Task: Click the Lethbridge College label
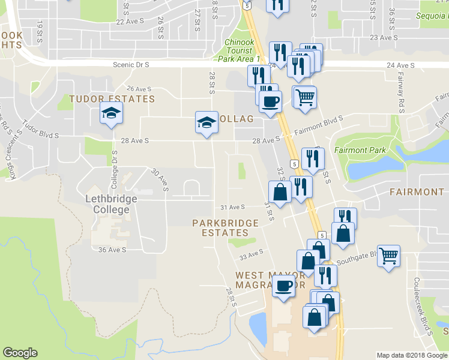tap(107, 204)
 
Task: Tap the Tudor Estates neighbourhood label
tap(112, 99)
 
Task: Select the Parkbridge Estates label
tap(225, 227)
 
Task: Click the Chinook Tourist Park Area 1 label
tap(241, 51)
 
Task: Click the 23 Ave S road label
tap(385, 37)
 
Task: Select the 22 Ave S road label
tap(131, 22)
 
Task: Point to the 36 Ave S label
tap(110, 250)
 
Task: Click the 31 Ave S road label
tap(232, 207)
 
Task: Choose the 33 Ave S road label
tap(252, 254)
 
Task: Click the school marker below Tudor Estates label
tap(111, 113)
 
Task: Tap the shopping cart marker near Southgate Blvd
tap(389, 255)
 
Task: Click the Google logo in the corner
tap(20, 353)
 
